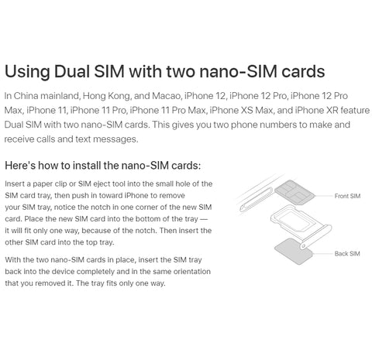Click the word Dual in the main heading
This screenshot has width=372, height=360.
click(x=71, y=71)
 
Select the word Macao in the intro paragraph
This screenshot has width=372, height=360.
click(x=166, y=96)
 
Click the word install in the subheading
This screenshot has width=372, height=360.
click(x=87, y=166)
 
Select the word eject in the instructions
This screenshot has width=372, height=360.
click(x=98, y=184)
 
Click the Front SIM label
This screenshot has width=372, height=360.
click(x=347, y=196)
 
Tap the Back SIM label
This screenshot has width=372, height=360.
click(x=347, y=254)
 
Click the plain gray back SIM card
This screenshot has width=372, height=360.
click(x=294, y=252)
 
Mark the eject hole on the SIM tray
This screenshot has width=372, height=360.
click(x=304, y=245)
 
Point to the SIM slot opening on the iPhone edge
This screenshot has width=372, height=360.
click(x=256, y=200)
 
